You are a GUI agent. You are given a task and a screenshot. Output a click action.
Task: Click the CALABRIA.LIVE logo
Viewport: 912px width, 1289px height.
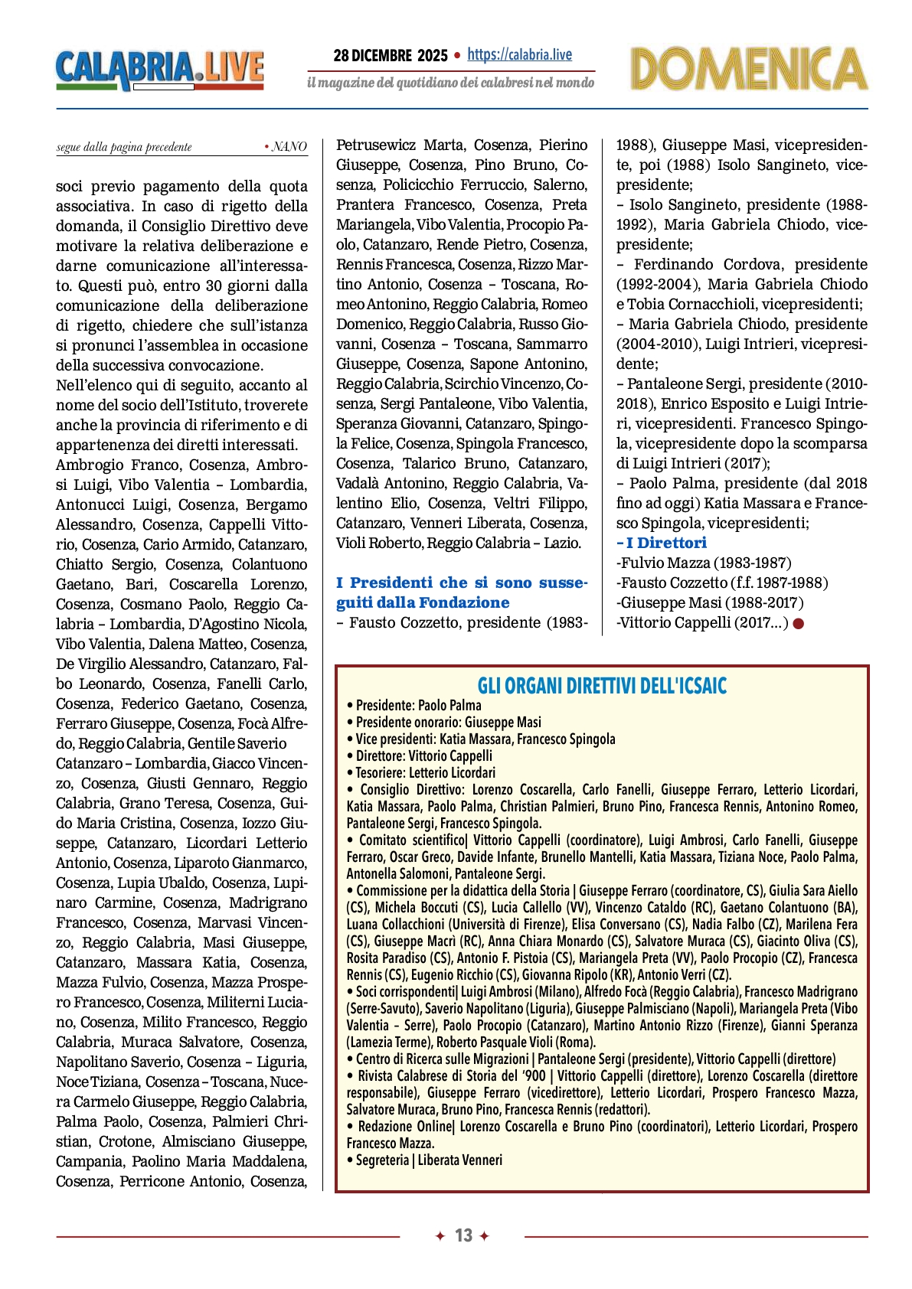click(159, 70)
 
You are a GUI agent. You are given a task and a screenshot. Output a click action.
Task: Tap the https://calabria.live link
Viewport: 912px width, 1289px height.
click(519, 54)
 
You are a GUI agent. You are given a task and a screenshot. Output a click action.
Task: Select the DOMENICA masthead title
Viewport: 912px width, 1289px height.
click(748, 69)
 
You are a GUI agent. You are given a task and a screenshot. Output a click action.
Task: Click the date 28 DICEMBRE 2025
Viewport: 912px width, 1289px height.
click(390, 55)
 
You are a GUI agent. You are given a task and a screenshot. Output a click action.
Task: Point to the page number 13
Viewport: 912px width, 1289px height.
click(463, 1235)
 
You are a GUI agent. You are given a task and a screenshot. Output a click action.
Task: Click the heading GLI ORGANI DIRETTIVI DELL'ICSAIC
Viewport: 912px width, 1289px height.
click(602, 685)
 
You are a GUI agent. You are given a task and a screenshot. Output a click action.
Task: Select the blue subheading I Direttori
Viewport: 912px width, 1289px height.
click(663, 543)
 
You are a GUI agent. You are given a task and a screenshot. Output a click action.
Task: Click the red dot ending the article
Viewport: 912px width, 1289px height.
click(799, 623)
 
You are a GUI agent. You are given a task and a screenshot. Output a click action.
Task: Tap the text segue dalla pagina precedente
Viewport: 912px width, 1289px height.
click(124, 147)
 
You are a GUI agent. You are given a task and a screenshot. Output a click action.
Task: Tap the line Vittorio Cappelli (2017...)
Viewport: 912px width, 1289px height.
click(702, 622)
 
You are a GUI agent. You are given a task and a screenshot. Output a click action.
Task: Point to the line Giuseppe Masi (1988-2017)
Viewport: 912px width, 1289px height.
click(710, 602)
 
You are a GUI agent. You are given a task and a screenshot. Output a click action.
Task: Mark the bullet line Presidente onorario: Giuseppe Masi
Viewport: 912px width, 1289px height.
click(448, 722)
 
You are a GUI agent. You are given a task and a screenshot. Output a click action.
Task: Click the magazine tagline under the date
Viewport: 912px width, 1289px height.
click(450, 82)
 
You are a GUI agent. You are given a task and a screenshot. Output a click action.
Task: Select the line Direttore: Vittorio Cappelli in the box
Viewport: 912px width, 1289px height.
click(423, 755)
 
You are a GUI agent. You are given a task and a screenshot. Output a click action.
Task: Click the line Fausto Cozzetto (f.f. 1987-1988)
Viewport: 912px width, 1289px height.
click(722, 582)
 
